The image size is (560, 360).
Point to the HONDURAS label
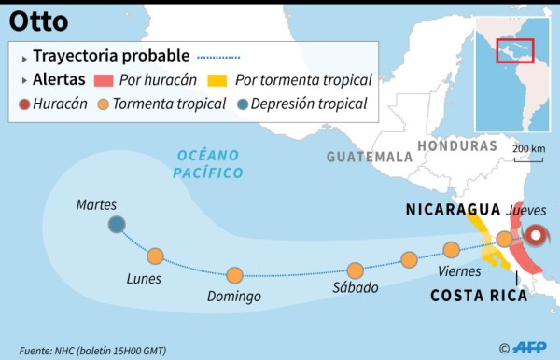click(457, 146)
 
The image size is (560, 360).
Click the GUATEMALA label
click(370, 156)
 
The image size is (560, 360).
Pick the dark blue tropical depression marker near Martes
click(117, 224)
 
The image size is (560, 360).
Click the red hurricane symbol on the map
click(539, 235)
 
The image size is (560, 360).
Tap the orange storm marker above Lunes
click(155, 255)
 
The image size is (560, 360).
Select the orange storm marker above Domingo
click(234, 274)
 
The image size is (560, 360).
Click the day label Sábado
click(356, 287)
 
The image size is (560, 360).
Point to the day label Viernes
click(458, 270)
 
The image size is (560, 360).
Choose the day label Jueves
click(525, 210)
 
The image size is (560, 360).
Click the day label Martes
click(96, 203)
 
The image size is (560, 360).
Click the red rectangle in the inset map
click(514, 50)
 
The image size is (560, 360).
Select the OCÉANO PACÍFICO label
click(207, 163)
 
